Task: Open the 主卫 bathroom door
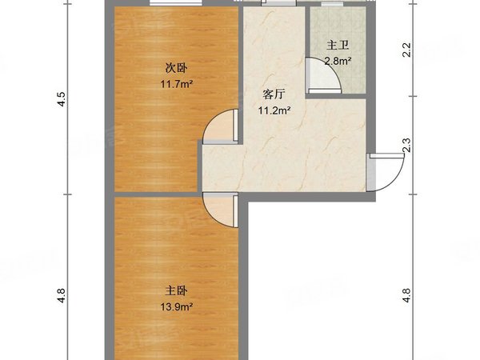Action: point(326,77)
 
